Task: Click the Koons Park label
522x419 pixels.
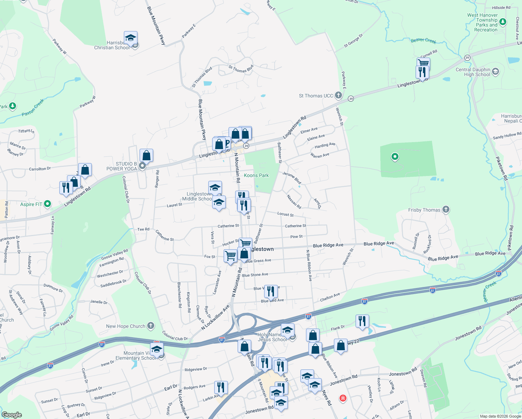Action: [256, 175]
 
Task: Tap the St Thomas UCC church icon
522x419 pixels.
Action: [338, 95]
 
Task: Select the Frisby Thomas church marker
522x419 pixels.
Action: [446, 209]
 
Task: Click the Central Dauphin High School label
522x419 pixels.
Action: [473, 72]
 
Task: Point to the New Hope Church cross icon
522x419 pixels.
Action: [151, 326]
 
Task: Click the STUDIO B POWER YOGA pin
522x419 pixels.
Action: [142, 166]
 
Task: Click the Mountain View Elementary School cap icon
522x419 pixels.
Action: [157, 349]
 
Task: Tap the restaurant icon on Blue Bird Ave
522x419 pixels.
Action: [271, 291]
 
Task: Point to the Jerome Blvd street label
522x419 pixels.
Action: [292, 178]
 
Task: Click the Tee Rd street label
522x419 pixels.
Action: [143, 229]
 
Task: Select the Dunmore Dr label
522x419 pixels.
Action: [53, 288]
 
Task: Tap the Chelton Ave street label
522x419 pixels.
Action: [330, 297]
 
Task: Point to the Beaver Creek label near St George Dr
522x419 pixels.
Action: [423, 41]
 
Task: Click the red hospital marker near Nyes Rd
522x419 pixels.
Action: [343, 398]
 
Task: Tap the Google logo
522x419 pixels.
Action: [12, 414]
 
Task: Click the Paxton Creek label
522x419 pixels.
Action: [33, 108]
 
